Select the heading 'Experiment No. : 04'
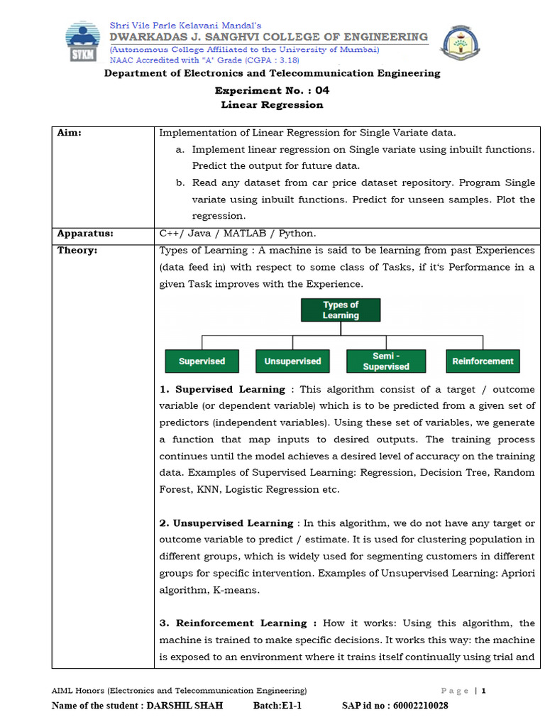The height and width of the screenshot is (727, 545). pos(272,91)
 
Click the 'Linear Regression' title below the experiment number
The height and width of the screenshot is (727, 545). pos(272,105)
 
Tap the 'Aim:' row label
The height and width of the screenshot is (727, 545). pos(70,133)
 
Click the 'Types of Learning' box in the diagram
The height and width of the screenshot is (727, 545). pos(341,310)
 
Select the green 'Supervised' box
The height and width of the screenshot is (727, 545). pos(202,361)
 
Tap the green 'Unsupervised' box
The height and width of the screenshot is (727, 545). pos(292,361)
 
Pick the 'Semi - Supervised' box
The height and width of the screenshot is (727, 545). pos(386,361)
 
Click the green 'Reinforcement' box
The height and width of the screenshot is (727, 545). pos(483,361)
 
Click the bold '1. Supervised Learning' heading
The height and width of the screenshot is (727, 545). pos(222,390)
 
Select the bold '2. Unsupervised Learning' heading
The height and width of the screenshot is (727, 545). pos(226,523)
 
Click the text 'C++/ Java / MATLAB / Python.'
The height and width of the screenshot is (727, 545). pos(238,234)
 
